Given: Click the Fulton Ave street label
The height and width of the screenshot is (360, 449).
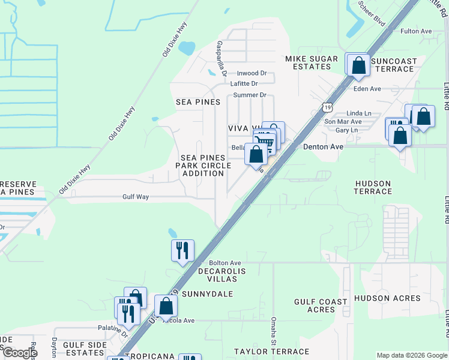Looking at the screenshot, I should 417,31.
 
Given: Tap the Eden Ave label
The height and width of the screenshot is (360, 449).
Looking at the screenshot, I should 368,89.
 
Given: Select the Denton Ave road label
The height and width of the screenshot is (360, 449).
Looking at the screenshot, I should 323,147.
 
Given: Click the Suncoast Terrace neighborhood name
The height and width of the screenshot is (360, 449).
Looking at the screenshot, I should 393,65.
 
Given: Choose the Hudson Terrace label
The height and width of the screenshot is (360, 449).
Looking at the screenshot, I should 373,187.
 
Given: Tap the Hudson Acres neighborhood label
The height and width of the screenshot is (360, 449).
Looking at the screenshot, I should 387,298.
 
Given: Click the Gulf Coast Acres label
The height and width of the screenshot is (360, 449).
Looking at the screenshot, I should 321,306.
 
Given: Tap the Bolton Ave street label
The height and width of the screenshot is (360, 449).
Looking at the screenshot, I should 224,263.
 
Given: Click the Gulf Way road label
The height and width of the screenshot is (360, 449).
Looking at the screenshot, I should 135,197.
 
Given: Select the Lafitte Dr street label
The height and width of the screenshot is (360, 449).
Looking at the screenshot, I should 244,84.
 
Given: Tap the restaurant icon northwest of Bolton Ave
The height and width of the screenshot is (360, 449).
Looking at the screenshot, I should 182,251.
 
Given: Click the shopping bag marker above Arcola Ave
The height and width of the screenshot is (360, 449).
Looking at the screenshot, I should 166,307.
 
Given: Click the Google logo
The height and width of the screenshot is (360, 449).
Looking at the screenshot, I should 19,353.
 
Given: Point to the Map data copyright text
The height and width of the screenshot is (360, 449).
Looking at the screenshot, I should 411,355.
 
